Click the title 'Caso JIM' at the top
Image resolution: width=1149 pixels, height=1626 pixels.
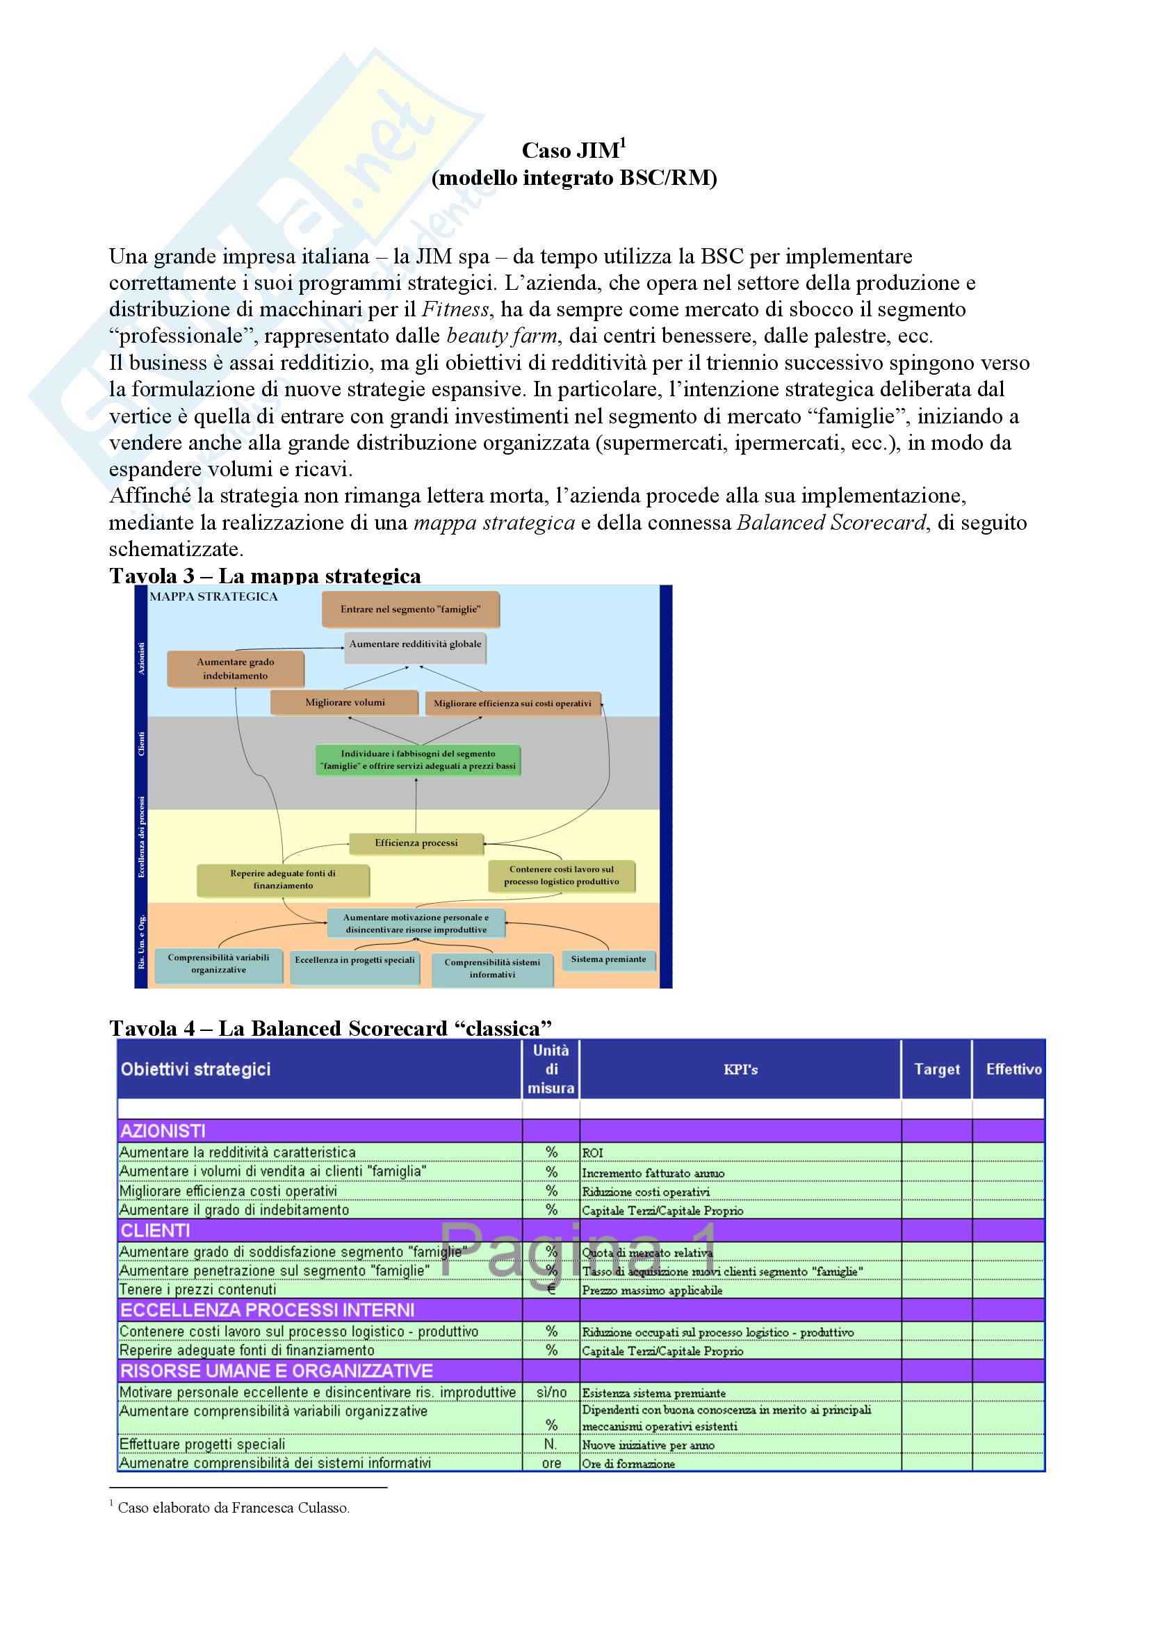(570, 151)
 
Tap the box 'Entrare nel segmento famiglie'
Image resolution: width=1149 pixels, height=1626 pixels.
(410, 609)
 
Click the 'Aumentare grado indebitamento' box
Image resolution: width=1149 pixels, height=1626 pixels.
(235, 669)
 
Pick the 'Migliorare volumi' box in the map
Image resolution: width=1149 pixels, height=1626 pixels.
(345, 703)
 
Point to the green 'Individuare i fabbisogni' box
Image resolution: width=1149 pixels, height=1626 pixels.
(418, 760)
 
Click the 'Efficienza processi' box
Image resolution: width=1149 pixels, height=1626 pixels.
(416, 843)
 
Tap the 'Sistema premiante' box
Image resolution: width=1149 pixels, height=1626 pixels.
(608, 959)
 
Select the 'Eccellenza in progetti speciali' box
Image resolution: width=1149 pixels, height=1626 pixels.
(355, 961)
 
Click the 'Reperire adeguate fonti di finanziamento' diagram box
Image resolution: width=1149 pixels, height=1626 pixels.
(282, 879)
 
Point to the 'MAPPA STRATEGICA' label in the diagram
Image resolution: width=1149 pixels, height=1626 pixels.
(213, 597)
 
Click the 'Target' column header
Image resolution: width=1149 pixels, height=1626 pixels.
(936, 1069)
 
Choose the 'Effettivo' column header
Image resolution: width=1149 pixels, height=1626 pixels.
(1013, 1069)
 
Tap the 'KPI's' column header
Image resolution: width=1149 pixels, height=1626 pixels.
(740, 1070)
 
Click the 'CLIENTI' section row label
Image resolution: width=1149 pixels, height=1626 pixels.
(155, 1230)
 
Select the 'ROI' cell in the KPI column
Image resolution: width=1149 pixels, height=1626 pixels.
(592, 1153)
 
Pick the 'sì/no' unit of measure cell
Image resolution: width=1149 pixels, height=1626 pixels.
(551, 1392)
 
